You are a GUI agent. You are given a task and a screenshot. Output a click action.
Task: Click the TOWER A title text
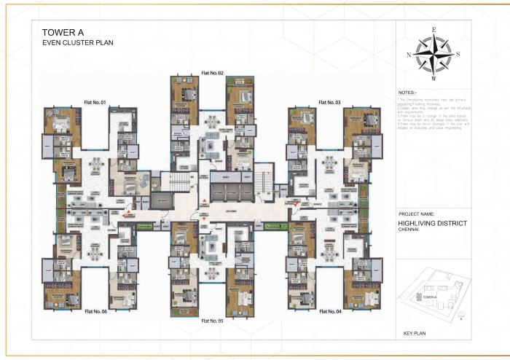click(62, 32)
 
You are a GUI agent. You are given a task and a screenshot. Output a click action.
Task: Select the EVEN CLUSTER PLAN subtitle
click(78, 43)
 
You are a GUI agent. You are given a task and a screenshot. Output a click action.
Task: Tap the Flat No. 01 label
click(95, 102)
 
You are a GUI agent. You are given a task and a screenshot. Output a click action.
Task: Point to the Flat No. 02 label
click(212, 74)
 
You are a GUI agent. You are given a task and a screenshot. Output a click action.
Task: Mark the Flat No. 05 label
click(212, 321)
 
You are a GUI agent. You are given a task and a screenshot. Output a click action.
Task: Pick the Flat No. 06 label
click(95, 311)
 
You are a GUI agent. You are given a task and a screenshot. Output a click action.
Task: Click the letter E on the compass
click(433, 31)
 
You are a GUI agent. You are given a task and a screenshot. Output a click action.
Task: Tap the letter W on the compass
click(433, 78)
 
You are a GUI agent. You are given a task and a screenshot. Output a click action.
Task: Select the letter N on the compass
click(409, 55)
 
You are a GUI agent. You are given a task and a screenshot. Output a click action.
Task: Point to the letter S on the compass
click(458, 55)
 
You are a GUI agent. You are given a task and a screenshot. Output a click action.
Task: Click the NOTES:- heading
click(408, 93)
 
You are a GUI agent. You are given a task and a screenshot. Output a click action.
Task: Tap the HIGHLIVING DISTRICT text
click(432, 224)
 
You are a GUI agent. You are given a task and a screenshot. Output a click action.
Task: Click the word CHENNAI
click(411, 231)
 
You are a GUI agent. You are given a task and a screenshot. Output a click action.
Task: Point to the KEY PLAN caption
click(415, 334)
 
